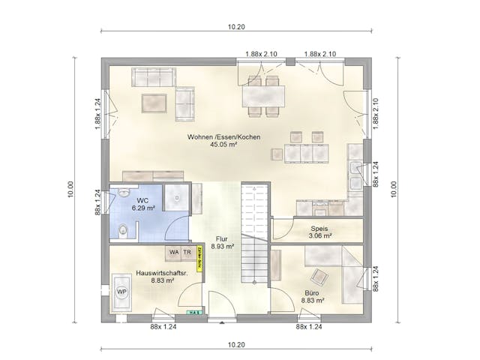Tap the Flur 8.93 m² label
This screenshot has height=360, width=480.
222,241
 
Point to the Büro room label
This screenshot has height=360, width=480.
312,295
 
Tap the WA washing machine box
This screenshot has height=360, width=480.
174,252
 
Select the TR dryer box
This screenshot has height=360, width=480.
187,252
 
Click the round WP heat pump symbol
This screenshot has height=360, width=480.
121,291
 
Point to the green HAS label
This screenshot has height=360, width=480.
193,313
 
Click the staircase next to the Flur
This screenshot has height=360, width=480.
255,232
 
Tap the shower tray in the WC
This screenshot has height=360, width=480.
177,199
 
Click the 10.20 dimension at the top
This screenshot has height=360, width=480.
236,26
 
